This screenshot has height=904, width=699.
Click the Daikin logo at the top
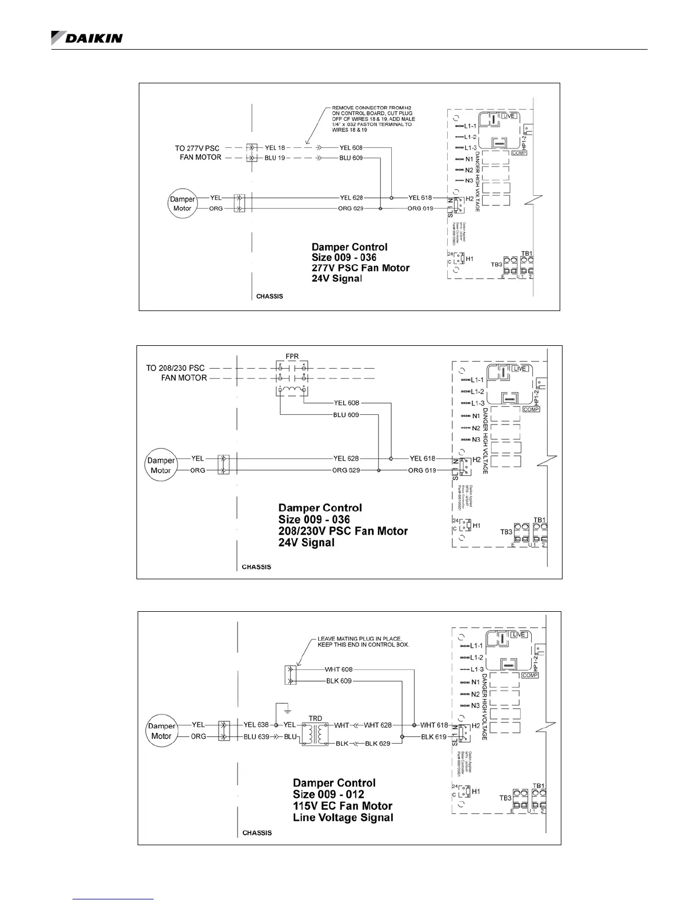point(87,38)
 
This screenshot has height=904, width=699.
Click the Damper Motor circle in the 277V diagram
point(182,204)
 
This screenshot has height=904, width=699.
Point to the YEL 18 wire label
point(275,148)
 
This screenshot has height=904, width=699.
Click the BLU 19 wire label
point(275,158)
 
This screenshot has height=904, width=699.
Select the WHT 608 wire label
point(339,669)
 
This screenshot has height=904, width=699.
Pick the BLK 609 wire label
point(339,681)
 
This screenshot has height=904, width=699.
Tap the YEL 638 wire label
point(256,725)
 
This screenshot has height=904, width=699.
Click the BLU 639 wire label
point(256,737)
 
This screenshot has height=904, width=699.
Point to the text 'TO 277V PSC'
point(197,148)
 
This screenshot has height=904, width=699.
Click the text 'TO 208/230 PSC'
point(175,368)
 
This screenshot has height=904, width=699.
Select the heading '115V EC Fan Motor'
point(343,806)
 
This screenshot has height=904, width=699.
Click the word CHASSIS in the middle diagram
point(256,567)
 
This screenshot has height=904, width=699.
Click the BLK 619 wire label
point(433,737)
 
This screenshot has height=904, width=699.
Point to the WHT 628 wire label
point(377,725)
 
